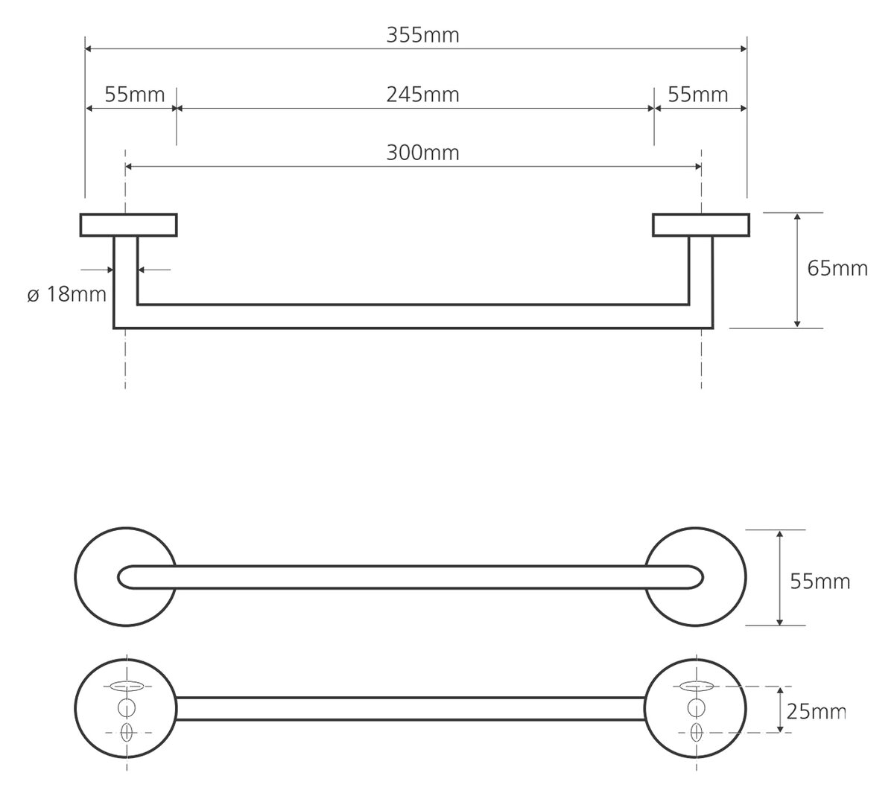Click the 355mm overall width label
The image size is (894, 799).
(422, 35)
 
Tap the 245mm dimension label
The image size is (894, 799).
(422, 95)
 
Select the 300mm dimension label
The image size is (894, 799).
(422, 153)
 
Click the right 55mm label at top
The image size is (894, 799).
(697, 95)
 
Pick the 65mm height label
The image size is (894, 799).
(837, 268)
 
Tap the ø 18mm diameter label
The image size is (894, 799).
(67, 294)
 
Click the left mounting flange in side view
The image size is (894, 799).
(128, 225)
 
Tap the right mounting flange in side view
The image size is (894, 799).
(700, 225)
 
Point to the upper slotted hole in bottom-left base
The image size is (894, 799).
(125, 686)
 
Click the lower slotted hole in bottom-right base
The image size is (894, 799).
(697, 731)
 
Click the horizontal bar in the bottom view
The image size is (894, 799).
(410, 709)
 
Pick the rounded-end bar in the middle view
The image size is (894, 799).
(410, 577)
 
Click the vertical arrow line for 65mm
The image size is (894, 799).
(797, 270)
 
